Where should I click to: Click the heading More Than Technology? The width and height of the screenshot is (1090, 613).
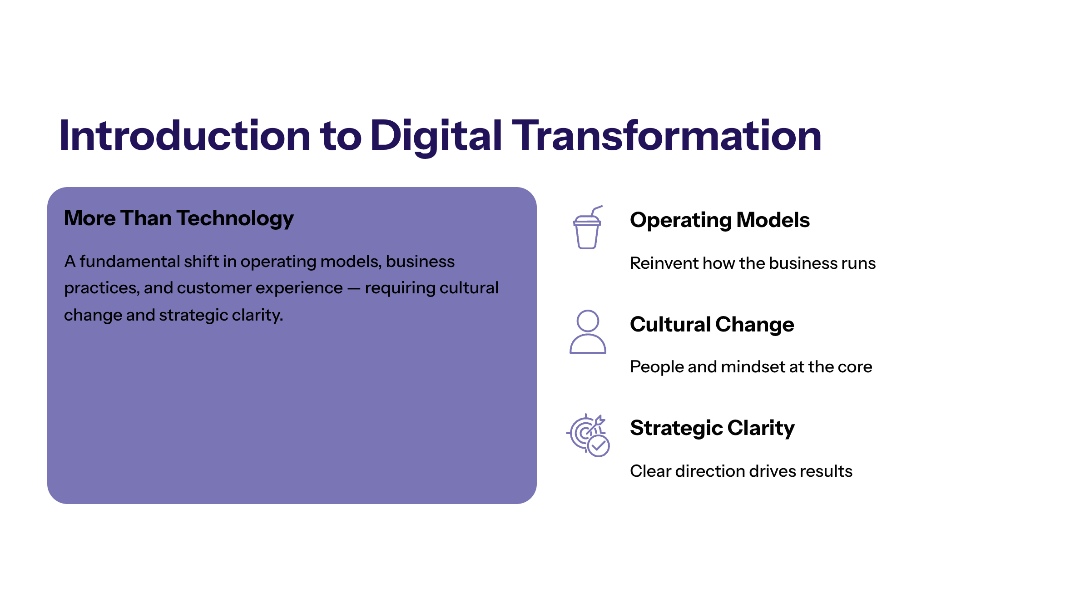pyautogui.click(x=179, y=218)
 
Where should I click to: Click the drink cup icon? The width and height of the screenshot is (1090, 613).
pyautogui.click(x=588, y=227)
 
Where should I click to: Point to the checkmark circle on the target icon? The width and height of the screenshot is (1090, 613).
pyautogui.click(x=599, y=446)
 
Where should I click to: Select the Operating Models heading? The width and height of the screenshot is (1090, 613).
pyautogui.click(x=720, y=220)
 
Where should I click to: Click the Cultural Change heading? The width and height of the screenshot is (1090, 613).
pyautogui.click(x=712, y=325)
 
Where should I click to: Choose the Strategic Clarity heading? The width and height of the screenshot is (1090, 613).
pyautogui.click(x=713, y=428)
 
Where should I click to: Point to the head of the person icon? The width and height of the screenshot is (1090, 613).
pyautogui.click(x=588, y=321)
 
